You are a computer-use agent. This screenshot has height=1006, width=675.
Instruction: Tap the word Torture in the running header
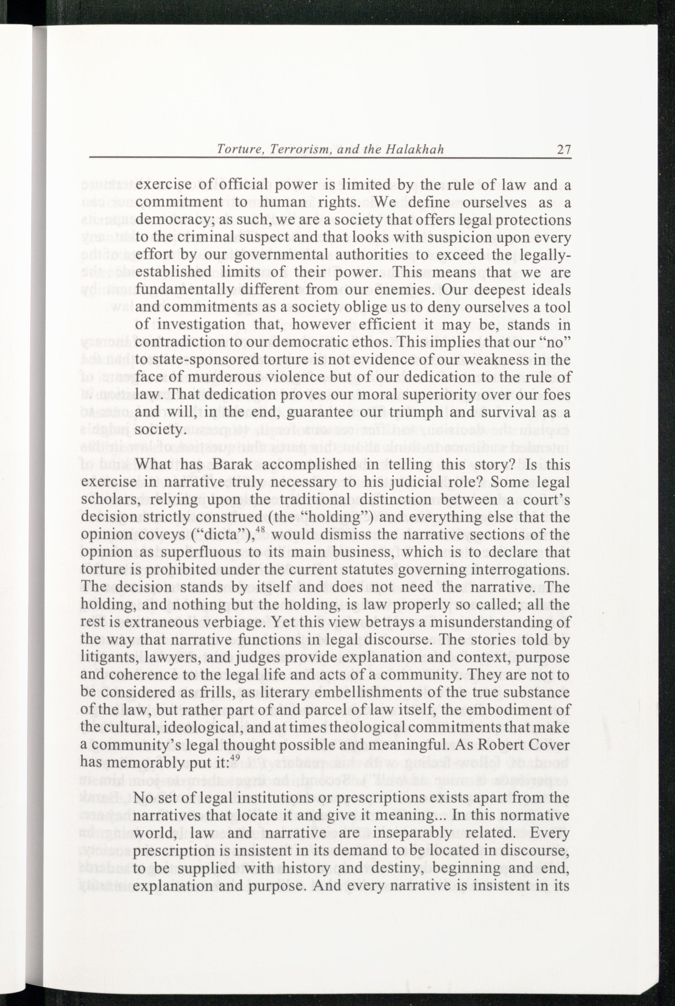tap(236, 150)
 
